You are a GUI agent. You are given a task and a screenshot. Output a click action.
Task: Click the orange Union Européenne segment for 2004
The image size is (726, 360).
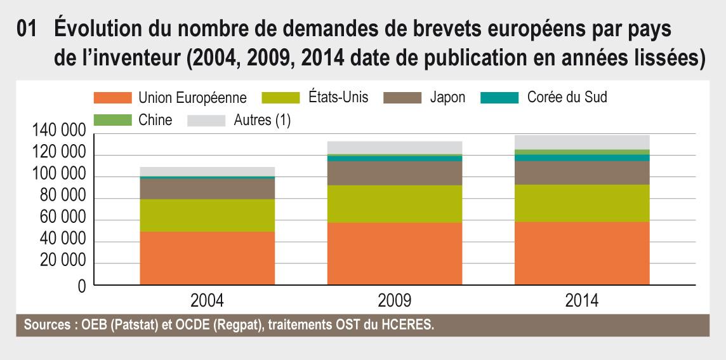pyautogui.click(x=207, y=258)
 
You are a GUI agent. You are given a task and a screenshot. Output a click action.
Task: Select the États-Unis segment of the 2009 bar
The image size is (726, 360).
pyautogui.click(x=394, y=204)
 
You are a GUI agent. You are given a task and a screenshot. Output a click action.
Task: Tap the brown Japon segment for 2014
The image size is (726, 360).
pyautogui.click(x=582, y=173)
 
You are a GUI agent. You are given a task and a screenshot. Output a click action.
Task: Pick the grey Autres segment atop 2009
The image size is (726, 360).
pyautogui.click(x=394, y=147)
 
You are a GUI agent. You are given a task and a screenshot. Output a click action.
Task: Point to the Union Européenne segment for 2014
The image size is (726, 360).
pyautogui.click(x=582, y=253)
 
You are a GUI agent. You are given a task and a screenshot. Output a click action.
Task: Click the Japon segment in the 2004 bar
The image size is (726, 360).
pyautogui.click(x=207, y=189)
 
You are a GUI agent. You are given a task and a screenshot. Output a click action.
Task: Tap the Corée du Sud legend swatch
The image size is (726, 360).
pyautogui.click(x=499, y=98)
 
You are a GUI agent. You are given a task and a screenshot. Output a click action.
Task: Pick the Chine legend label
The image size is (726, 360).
pyautogui.click(x=155, y=120)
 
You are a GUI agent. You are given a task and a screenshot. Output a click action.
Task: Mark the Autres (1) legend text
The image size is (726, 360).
pyautogui.click(x=261, y=120)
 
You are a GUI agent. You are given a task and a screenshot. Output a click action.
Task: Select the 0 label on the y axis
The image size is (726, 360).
pyautogui.click(x=82, y=286)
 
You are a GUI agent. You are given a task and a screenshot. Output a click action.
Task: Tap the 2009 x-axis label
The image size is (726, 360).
pyautogui.click(x=394, y=301)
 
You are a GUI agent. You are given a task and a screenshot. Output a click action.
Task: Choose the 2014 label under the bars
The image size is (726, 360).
pyautogui.click(x=582, y=301)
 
